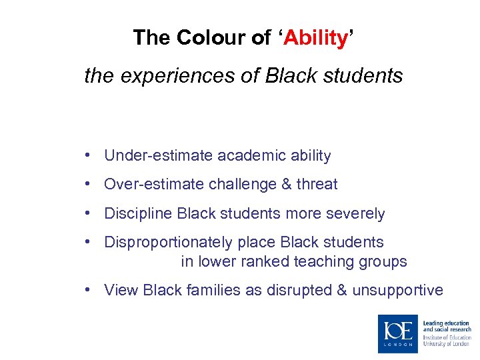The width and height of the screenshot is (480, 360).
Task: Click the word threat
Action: point(317,185)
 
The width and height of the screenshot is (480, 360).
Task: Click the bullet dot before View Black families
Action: point(88,290)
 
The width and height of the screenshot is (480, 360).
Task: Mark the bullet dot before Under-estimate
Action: point(88,156)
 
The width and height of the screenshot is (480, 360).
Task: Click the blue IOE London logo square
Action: point(398,333)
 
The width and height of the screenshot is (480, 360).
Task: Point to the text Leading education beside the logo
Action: point(446,323)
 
